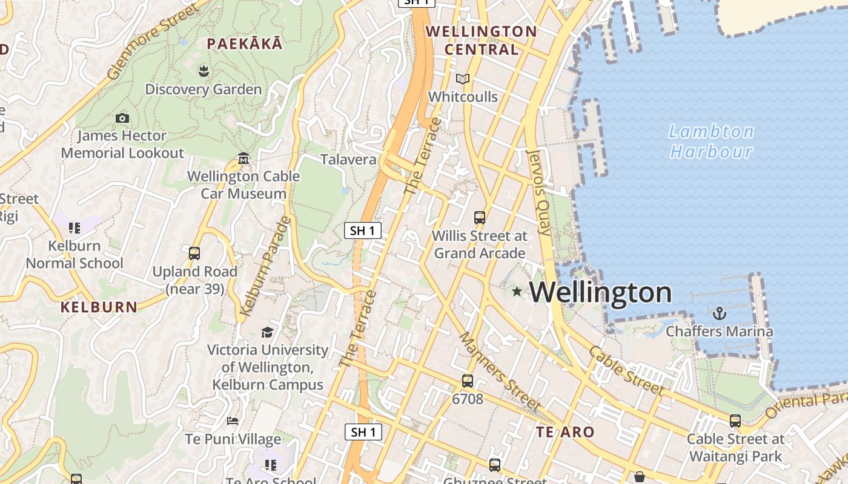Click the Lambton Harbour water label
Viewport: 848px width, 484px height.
tap(711, 141)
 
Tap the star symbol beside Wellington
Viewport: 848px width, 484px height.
tap(517, 292)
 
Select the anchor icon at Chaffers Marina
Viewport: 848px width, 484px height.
tap(720, 313)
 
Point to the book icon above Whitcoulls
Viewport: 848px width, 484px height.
tap(463, 79)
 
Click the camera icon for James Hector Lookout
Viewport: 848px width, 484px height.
tap(122, 118)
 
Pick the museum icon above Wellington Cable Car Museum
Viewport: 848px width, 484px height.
tap(243, 158)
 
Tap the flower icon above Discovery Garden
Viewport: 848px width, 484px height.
tap(204, 71)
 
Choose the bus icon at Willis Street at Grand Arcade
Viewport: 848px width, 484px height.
tap(480, 217)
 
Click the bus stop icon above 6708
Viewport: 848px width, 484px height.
tap(468, 381)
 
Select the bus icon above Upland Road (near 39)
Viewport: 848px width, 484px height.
tap(194, 253)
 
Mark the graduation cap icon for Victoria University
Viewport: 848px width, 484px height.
tap(267, 332)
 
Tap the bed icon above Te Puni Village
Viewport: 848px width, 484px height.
tap(233, 420)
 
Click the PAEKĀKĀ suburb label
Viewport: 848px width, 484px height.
tap(245, 44)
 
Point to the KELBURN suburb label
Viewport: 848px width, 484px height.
tap(99, 307)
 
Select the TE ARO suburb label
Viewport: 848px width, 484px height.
tap(565, 432)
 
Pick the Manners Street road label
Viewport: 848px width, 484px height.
tap(499, 371)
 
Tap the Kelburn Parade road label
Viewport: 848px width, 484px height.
tap(265, 266)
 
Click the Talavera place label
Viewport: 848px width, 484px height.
tap(348, 160)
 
